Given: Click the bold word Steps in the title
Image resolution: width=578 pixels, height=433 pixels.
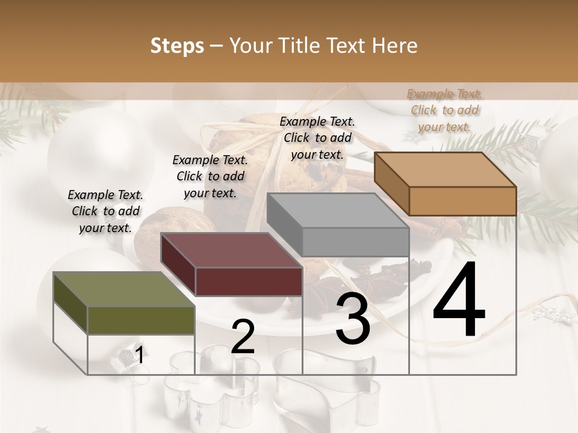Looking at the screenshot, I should coord(177,46).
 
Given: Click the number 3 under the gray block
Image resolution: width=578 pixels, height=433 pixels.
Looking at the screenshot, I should coord(353,319).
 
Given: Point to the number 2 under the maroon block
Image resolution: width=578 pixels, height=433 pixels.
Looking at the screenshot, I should coord(243,337).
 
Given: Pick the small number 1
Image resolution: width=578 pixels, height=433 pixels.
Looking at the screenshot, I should coord(139,355).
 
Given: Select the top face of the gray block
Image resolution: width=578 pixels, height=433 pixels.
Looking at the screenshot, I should coord(338,210).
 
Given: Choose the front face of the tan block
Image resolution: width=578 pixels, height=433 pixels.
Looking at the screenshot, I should coord(462,201).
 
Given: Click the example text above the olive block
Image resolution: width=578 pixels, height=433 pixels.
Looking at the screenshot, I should coord(105,211).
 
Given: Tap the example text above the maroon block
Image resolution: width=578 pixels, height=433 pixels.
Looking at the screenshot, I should coord(210,176).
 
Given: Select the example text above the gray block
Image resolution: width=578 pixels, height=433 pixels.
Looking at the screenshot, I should coord(317,138).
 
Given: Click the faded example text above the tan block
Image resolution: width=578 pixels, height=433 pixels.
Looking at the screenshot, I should coord(444,110).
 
